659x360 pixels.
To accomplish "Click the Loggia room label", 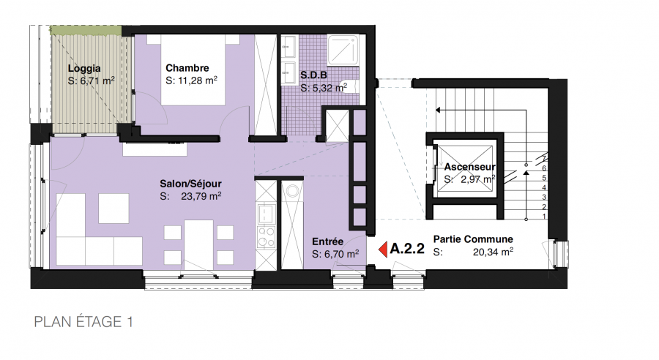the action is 84,69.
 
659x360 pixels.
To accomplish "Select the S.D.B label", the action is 313,75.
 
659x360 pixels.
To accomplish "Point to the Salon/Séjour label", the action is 190,184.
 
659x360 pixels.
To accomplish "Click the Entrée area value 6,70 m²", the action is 340,254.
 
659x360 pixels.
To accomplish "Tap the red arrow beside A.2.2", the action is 383,250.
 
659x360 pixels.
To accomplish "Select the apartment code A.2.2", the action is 407,249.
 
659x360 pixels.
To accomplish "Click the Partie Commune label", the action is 473,239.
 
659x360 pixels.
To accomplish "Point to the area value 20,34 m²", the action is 493,252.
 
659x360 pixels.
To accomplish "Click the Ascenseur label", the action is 470,167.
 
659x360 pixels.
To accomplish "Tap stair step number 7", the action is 544,159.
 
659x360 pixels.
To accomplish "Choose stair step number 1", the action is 544,217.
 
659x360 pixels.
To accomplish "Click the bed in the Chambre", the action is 193,70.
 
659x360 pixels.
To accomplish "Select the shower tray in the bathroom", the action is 343,50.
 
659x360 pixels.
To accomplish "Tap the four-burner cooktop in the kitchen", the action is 266,237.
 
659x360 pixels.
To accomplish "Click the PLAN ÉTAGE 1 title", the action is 83,322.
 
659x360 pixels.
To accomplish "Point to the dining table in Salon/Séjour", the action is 198,242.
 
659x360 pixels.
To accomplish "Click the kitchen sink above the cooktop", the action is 266,214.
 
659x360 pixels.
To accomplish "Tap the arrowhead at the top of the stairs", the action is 438,110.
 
